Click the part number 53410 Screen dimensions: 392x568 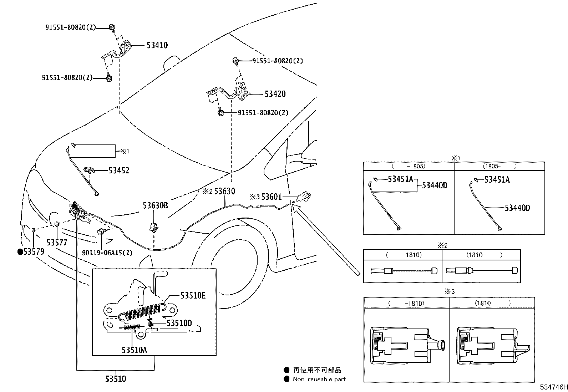click(157, 45)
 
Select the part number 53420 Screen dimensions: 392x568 click(275, 94)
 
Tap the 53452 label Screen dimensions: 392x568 click(119, 170)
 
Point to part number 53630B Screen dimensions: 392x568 click(155, 205)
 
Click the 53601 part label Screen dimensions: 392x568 click(271, 197)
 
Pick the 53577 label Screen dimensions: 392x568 click(57, 243)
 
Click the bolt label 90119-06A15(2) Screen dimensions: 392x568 click(107, 253)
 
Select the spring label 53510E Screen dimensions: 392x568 click(193, 295)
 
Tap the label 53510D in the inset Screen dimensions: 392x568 click(179, 323)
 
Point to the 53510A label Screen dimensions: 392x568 click(134, 350)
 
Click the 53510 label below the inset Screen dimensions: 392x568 click(115, 379)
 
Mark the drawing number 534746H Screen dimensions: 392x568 click(553, 387)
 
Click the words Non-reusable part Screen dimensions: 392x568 click(319, 379)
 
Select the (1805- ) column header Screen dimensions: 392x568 click(499, 166)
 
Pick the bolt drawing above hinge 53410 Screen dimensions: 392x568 click(112, 26)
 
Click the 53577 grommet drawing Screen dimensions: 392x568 click(57, 224)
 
